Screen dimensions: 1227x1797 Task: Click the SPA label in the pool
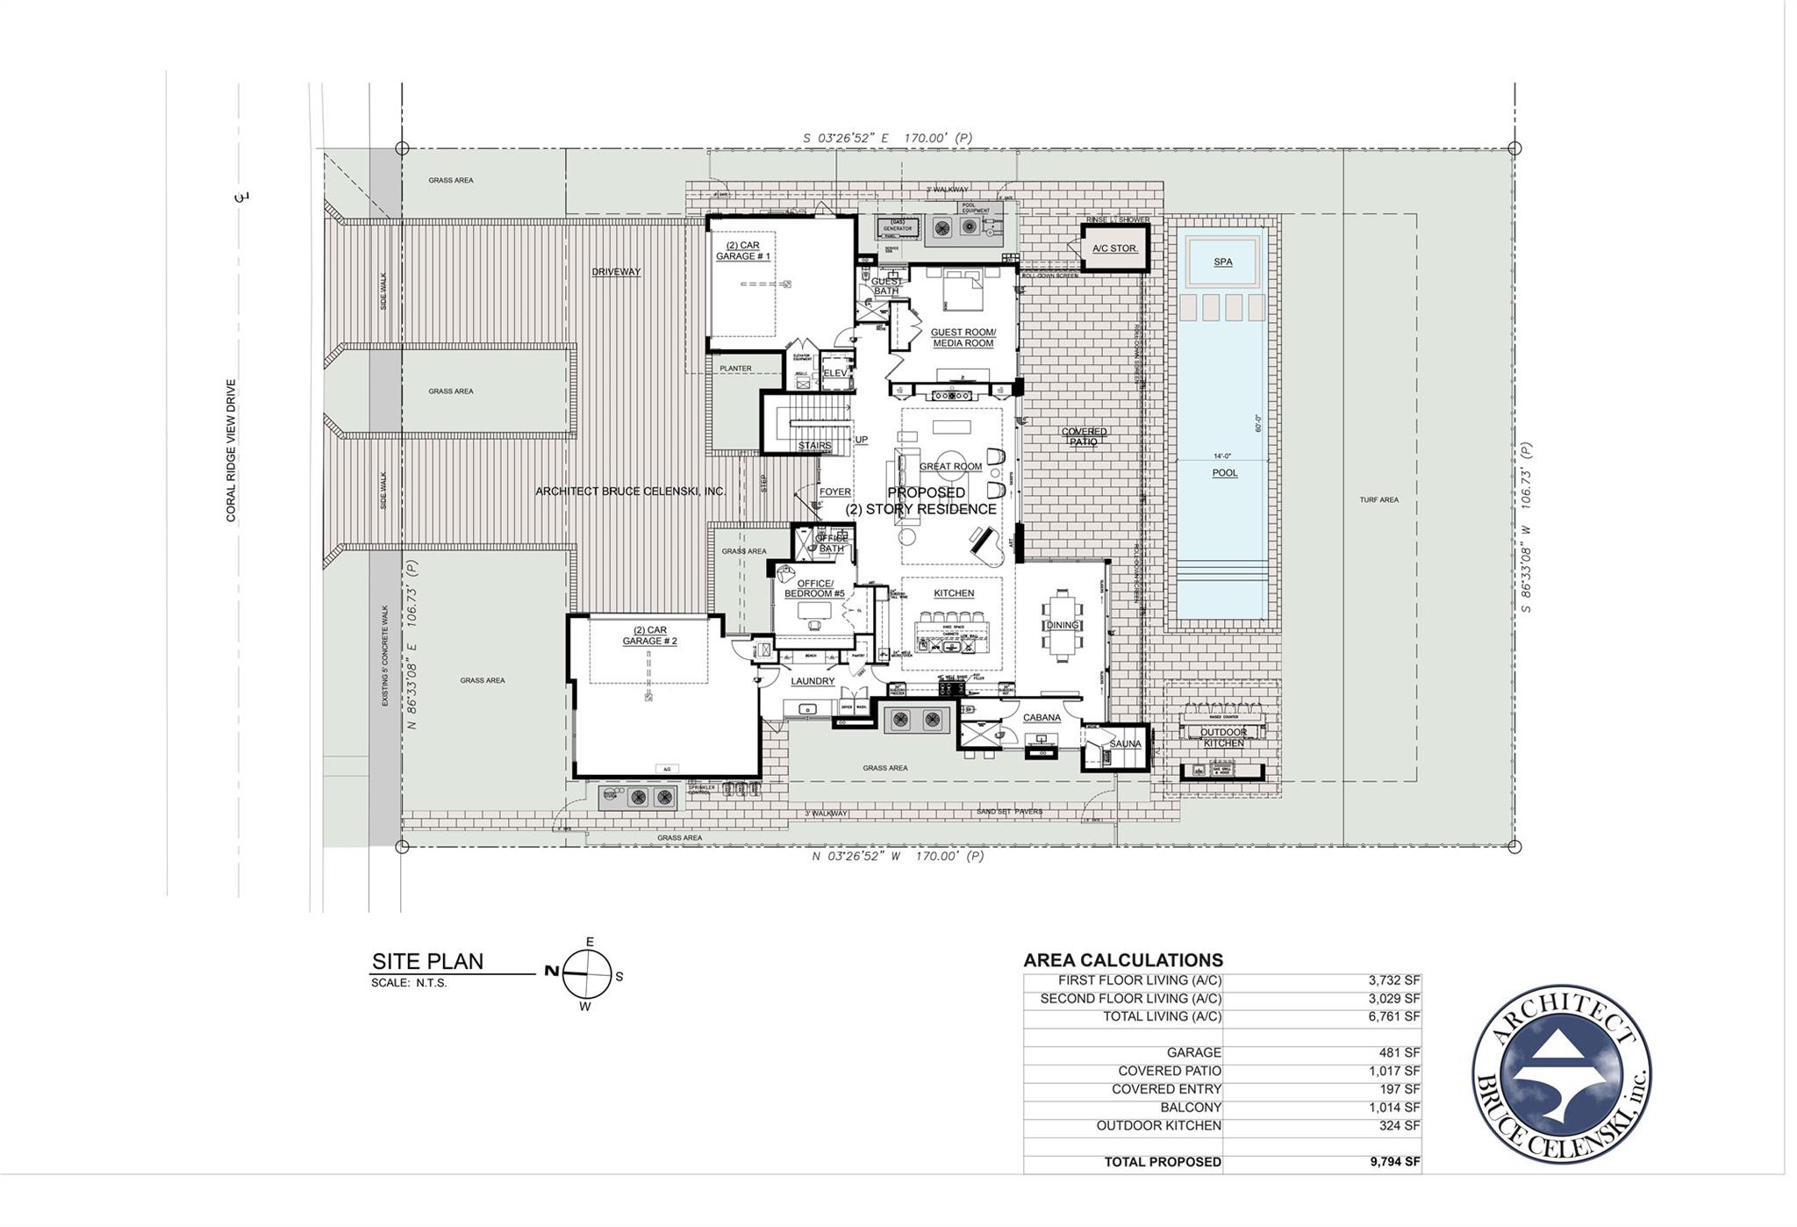pyautogui.click(x=1222, y=262)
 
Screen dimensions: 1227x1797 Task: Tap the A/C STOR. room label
pyautogui.click(x=1114, y=248)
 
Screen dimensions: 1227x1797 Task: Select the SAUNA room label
pyautogui.click(x=1125, y=744)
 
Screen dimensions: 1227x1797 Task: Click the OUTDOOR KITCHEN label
pyautogui.click(x=1223, y=738)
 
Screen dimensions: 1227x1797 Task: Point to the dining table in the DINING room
pyautogui.click(x=1062, y=624)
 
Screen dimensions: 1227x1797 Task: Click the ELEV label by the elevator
pyautogui.click(x=835, y=373)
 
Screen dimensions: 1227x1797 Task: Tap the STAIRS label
pyautogui.click(x=814, y=446)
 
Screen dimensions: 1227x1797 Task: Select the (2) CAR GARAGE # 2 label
pyautogui.click(x=649, y=635)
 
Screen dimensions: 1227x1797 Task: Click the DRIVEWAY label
pyautogui.click(x=616, y=272)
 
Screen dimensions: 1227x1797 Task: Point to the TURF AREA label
pyautogui.click(x=1378, y=500)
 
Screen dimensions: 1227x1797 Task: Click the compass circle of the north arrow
pyautogui.click(x=586, y=974)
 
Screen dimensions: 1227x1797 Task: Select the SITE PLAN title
pyautogui.click(x=427, y=962)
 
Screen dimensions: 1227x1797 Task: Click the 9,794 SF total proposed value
pyautogui.click(x=1394, y=1162)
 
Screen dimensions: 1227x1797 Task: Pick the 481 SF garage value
pyautogui.click(x=1399, y=1052)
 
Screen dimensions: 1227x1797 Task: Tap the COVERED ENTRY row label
pyautogui.click(x=1166, y=1089)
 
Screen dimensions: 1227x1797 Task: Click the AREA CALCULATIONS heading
pyautogui.click(x=1122, y=960)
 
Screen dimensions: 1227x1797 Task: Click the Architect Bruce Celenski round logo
pyautogui.click(x=1561, y=1073)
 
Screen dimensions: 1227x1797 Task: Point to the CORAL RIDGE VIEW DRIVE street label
pyautogui.click(x=232, y=450)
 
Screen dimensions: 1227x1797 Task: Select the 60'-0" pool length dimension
pyautogui.click(x=1257, y=424)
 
